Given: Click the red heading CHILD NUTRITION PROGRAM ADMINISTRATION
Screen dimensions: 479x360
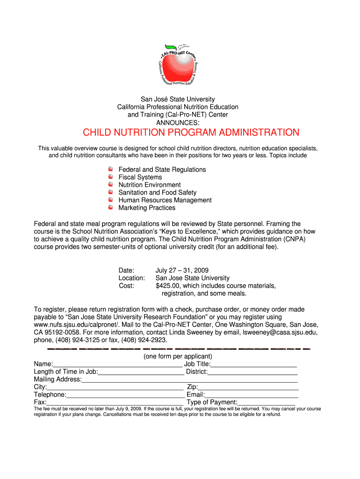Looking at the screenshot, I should [x=191, y=132].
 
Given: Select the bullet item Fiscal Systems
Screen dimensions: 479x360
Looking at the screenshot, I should [x=140, y=177].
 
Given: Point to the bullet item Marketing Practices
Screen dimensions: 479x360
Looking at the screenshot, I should [x=147, y=208].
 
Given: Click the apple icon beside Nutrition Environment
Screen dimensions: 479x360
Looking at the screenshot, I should [x=110, y=185].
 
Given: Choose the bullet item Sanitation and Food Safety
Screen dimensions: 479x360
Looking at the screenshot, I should [x=157, y=192].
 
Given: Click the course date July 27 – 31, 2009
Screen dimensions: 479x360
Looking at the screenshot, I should [x=182, y=270].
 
